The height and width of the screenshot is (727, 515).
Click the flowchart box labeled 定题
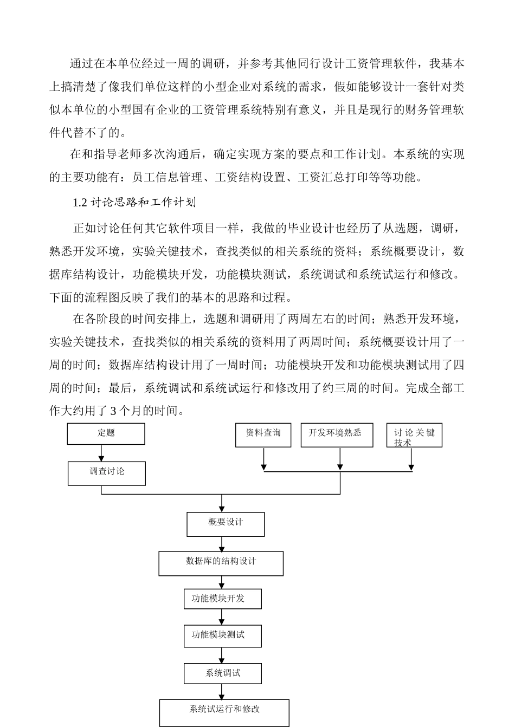pos(106,433)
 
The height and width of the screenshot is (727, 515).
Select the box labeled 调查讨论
pos(106,472)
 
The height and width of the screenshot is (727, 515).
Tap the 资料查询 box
pos(263,434)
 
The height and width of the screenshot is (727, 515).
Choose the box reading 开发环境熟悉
pos(337,434)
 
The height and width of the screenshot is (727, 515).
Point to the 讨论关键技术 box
pos(414,435)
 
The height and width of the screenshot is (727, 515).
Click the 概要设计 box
pos(226,523)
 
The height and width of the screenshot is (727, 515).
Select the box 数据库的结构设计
pos(221,563)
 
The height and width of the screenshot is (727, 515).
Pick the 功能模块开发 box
pos(222,599)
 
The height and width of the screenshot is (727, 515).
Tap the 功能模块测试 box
pos(222,635)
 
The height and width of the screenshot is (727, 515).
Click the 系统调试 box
pos(222,673)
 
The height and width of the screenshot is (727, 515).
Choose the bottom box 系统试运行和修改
pos(224,712)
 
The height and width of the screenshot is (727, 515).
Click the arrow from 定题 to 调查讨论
pos(101,453)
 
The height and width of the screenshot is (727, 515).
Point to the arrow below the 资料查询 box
pos(263,459)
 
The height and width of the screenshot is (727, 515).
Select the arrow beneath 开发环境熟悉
pos(340,459)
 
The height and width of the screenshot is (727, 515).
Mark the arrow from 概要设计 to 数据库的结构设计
pos(222,544)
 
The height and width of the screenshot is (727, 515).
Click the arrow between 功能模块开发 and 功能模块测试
pos(222,616)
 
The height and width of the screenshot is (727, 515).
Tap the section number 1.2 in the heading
pos(80,203)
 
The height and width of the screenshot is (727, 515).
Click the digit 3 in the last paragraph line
pos(113,411)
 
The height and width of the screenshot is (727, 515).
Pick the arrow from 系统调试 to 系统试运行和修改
pos(222,691)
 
